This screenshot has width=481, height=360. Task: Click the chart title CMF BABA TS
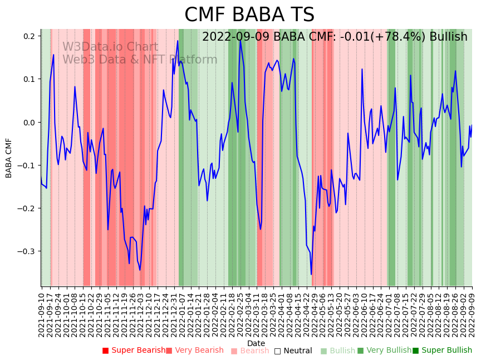[x=249, y=15]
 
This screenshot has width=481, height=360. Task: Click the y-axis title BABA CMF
[x=9, y=158]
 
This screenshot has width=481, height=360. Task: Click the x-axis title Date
[x=256, y=343]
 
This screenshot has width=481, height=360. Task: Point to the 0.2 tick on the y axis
[x=29, y=36]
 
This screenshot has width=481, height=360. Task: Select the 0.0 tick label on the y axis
[x=29, y=122]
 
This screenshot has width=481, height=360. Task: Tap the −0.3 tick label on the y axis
[x=27, y=251]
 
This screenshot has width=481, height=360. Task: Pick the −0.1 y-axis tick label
[x=27, y=166]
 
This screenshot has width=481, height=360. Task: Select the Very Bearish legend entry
[x=198, y=351]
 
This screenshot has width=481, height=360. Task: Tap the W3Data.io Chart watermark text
[x=110, y=47]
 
